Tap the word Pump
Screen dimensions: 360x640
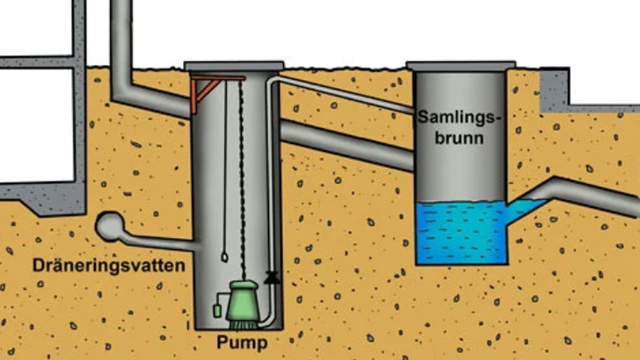click(x=243, y=340)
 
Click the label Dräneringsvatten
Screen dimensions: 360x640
click(x=109, y=266)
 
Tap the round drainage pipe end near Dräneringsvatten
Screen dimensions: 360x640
click(x=109, y=227)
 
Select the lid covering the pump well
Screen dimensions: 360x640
click(x=234, y=66)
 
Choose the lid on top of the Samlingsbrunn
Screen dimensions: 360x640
click(x=460, y=65)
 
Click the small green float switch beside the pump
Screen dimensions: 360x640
click(x=217, y=311)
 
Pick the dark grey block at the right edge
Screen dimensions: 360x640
click(x=555, y=90)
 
